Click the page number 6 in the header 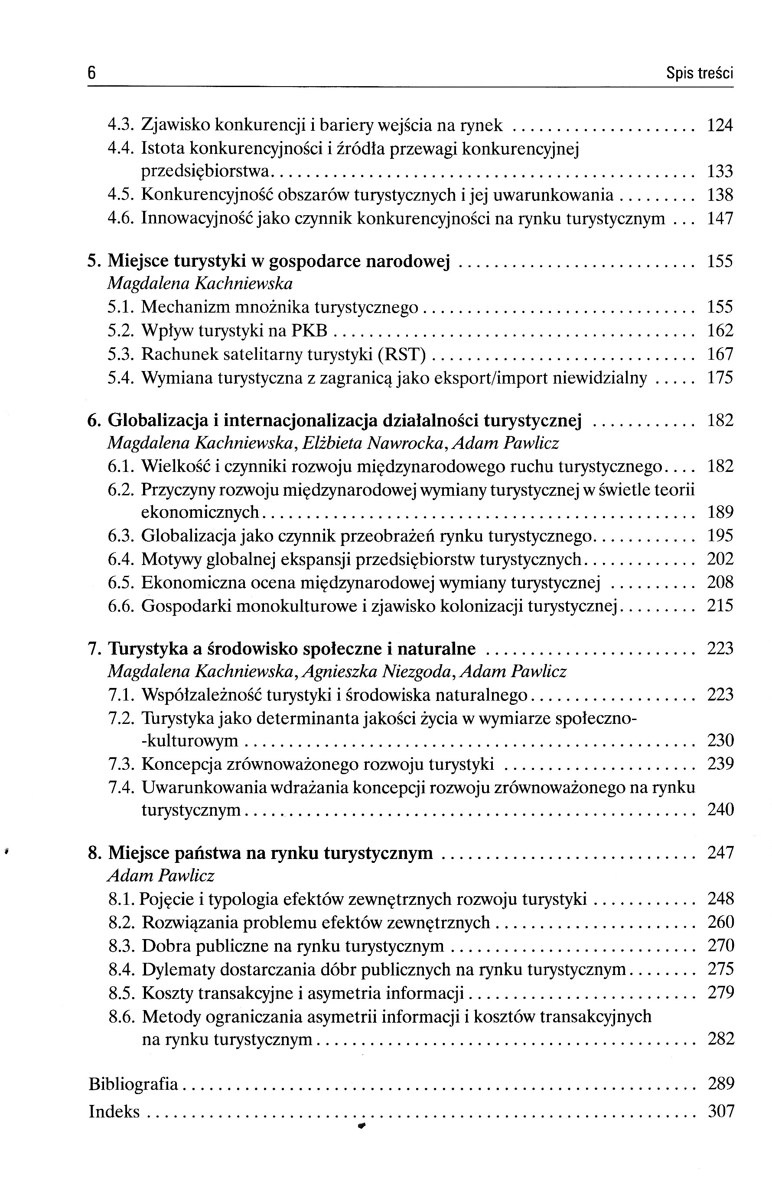click(x=92, y=73)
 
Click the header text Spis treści click(x=699, y=74)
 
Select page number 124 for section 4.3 click(x=720, y=126)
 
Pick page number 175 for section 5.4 click(x=720, y=378)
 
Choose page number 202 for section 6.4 click(x=720, y=559)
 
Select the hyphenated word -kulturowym click(x=190, y=741)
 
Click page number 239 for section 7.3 click(x=720, y=764)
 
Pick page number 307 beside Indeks click(x=720, y=1111)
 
